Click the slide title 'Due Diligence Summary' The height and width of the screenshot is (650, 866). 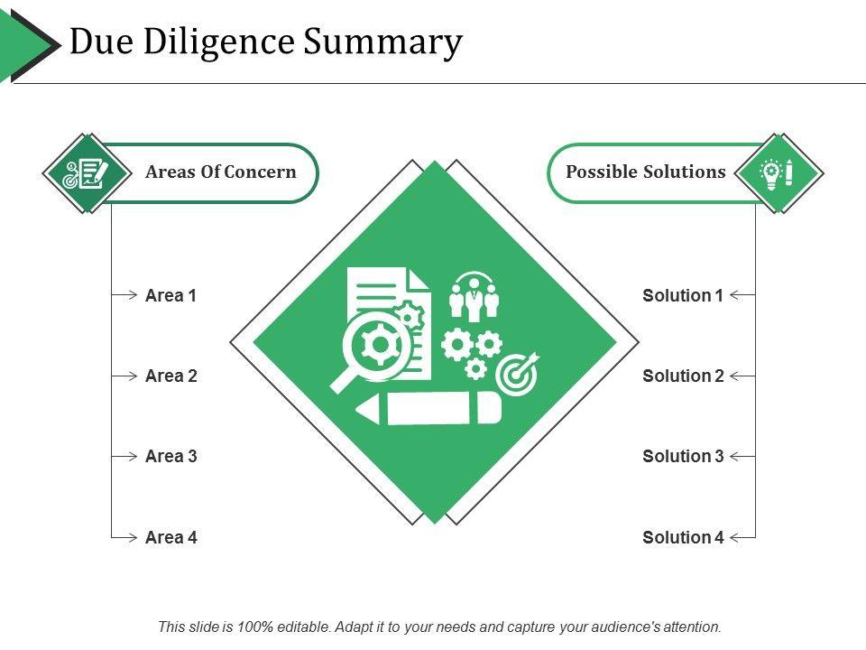coord(266,42)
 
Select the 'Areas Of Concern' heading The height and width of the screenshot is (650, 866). coord(221,172)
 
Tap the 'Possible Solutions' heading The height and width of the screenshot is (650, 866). coord(646,172)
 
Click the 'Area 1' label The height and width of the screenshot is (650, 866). coord(170,295)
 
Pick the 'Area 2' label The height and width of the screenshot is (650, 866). coord(170,376)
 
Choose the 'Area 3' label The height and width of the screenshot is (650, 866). coord(170,456)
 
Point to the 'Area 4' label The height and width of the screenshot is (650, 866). coord(170,537)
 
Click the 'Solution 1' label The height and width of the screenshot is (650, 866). coord(683,295)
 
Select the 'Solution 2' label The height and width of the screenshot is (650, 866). coord(683,376)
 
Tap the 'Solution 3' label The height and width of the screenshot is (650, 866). coord(683,456)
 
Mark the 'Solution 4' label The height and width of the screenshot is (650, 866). coord(683,537)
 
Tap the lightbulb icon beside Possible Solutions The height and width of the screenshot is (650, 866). coord(778,172)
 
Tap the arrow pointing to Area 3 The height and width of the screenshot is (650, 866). coord(124,456)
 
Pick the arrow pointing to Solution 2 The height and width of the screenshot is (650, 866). coord(742,376)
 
